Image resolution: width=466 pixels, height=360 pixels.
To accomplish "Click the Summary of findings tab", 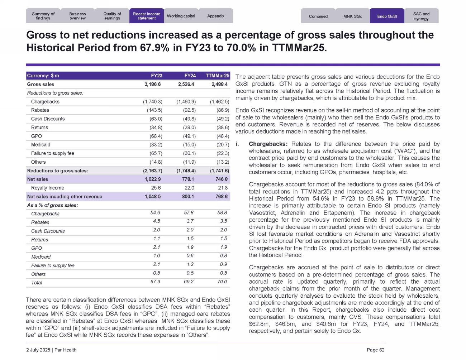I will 43,16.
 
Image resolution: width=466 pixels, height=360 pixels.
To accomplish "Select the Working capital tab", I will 181,16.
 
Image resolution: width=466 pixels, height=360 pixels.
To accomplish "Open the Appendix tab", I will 216,16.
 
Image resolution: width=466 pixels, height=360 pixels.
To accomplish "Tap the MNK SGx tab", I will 352,16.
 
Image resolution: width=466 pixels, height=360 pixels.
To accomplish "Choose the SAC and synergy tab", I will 421,16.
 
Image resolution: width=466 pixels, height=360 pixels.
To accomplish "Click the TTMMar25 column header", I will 218,76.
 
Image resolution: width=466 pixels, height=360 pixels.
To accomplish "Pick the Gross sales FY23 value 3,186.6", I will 153,85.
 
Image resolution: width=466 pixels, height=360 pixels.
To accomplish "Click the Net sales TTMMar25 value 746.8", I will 222,179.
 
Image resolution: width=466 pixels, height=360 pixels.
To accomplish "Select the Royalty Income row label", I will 48,188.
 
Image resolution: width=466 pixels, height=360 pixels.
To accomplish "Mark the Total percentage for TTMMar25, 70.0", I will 222,282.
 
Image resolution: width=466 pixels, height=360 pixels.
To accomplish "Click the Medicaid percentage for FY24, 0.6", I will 190,256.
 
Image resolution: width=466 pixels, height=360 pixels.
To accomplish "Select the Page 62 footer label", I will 375,350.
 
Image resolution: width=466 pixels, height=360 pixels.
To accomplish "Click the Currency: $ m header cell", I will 43,76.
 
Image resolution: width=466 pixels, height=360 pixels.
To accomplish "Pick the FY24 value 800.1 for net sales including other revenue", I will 188,197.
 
